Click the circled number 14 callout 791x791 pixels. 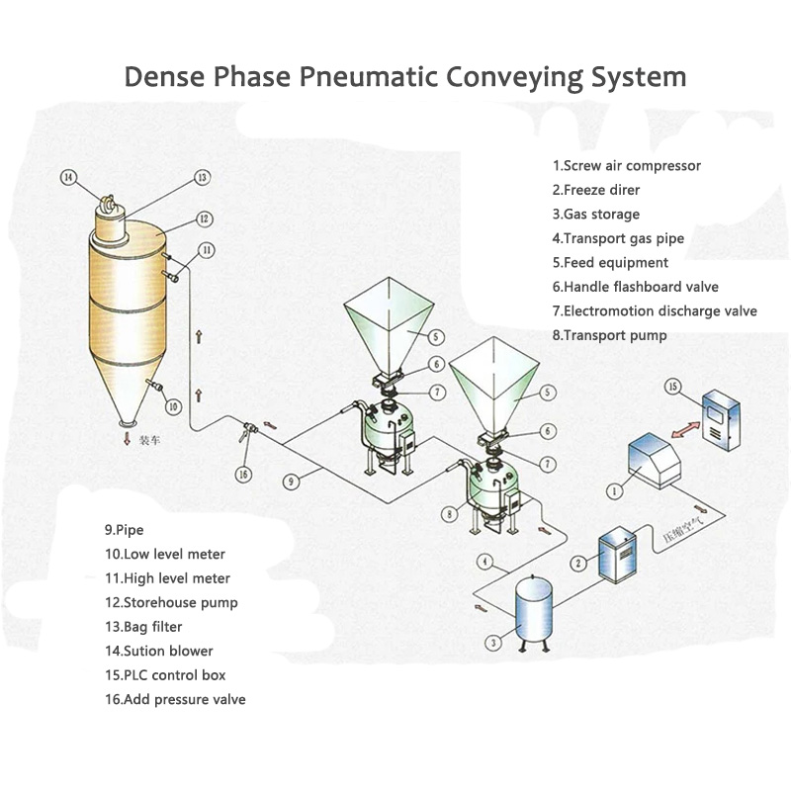click(68, 177)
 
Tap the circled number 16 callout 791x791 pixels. click(243, 474)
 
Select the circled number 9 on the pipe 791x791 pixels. click(291, 482)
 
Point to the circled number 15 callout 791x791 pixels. click(672, 387)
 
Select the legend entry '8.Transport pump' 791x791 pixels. click(609, 335)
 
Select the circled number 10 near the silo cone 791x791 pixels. click(172, 406)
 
